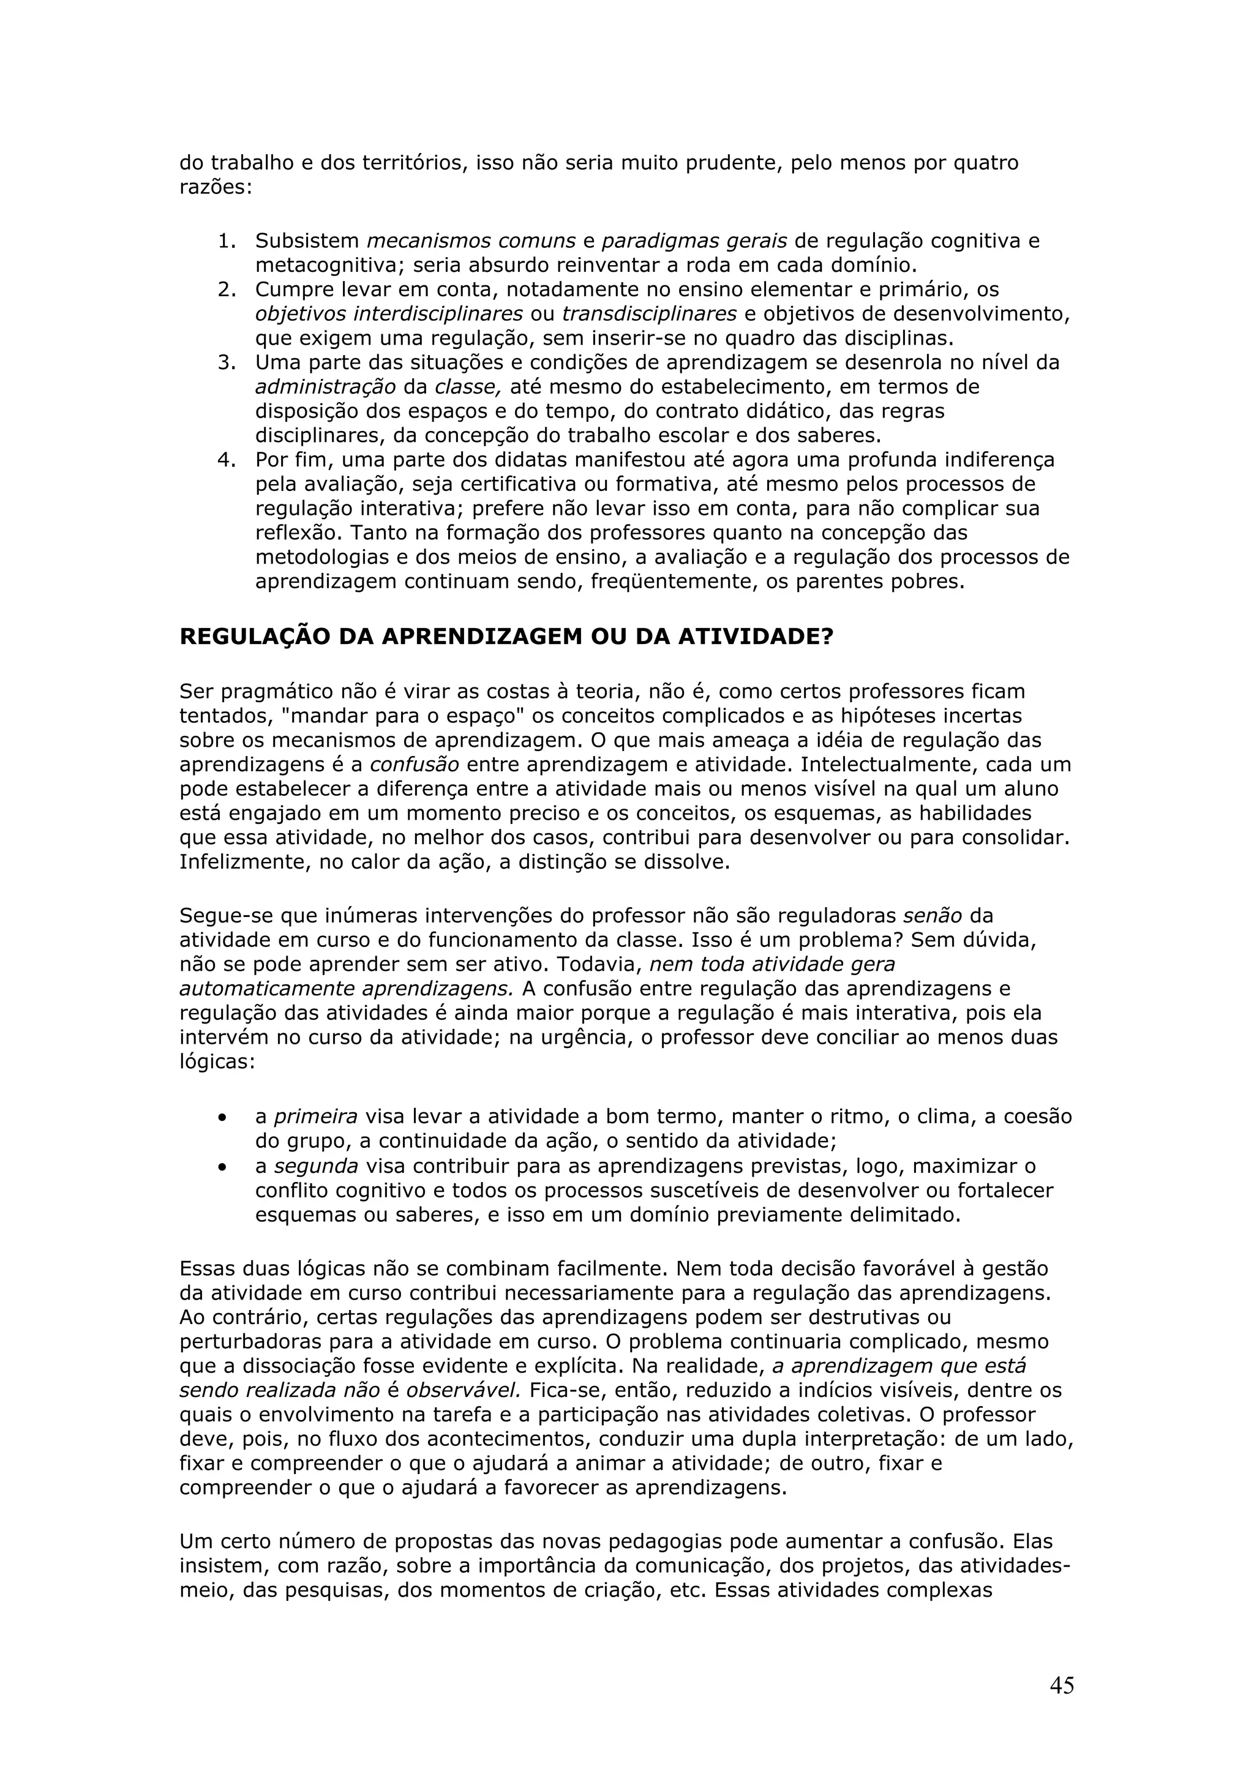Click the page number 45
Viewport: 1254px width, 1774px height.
click(x=1062, y=1685)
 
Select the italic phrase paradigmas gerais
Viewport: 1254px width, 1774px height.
click(x=694, y=241)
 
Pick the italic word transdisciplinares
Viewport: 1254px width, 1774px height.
click(x=648, y=313)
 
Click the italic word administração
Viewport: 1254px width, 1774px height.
click(x=325, y=387)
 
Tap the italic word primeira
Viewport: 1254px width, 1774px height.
click(x=315, y=1117)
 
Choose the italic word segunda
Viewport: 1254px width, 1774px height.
click(x=316, y=1166)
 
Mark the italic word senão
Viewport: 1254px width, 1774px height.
click(x=933, y=916)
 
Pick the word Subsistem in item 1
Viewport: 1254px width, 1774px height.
click(x=307, y=241)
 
